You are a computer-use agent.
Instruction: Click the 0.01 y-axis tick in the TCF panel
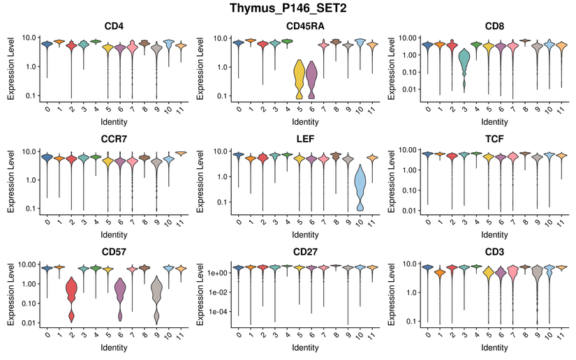(411, 210)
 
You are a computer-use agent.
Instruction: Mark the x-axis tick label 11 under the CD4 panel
(182, 110)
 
